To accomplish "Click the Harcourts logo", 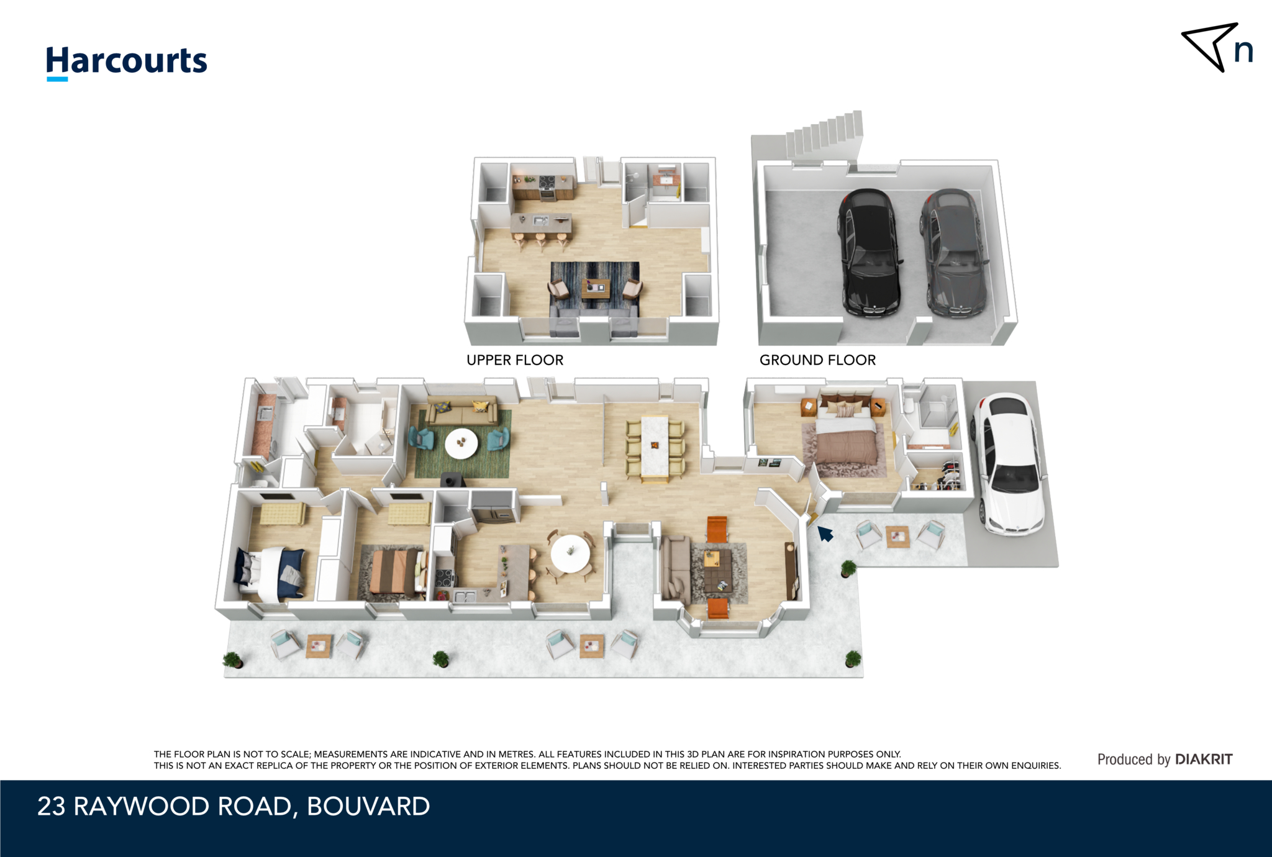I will (126, 61).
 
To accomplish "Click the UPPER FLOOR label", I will (515, 360).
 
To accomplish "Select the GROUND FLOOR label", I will (817, 360).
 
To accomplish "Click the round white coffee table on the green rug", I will (461, 443).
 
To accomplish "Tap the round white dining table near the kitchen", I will (570, 553).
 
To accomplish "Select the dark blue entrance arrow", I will (825, 533).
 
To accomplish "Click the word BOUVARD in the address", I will (368, 806).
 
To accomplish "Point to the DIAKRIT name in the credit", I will (1204, 759).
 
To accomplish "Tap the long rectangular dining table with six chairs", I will (655, 447).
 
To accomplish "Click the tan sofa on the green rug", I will (461, 410).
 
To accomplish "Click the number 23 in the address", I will (51, 806).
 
